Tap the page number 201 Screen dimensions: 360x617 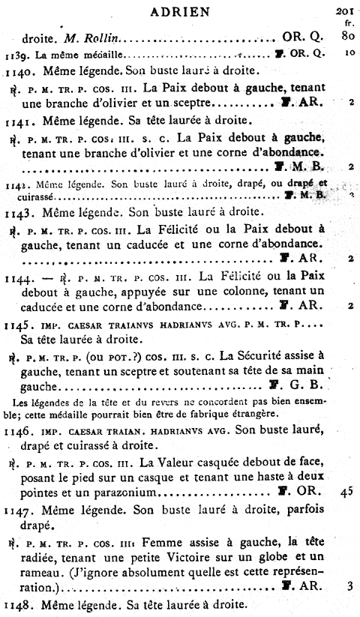(x=346, y=10)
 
